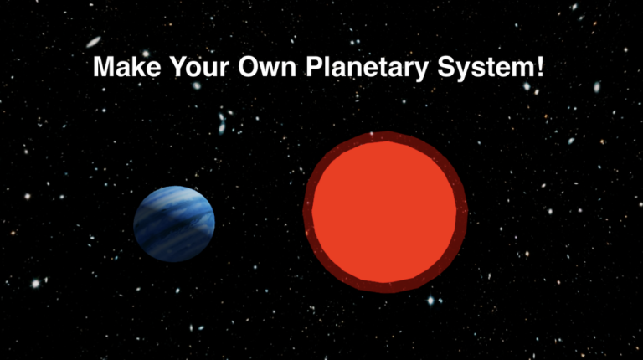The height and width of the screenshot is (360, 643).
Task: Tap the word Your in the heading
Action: [x=193, y=68]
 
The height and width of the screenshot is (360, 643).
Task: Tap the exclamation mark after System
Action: [x=538, y=68]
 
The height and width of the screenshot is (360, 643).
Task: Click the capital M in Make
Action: [x=103, y=68]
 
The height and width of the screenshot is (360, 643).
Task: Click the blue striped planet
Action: [x=174, y=224]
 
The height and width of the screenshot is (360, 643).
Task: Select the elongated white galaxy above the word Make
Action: [x=94, y=41]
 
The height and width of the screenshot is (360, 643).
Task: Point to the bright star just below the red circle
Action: [x=431, y=301]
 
